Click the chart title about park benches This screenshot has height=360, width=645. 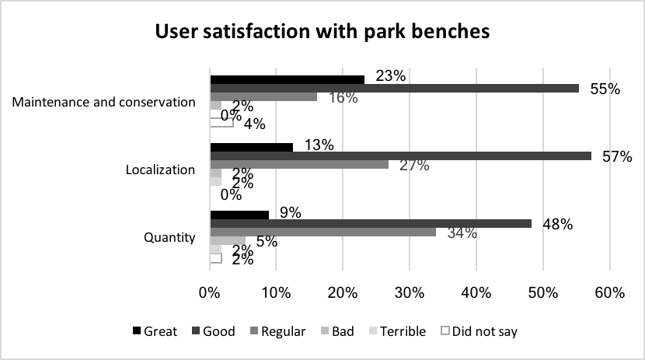[322, 33]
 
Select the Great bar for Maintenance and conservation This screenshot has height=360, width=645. [287, 79]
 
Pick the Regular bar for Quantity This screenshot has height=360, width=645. [322, 232]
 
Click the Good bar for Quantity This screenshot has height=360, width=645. [371, 223]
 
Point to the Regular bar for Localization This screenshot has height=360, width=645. [299, 164]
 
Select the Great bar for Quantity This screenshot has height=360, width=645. [239, 215]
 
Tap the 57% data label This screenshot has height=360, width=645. [615, 156]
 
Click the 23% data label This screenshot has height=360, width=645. [389, 76]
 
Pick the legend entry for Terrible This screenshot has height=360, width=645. [397, 331]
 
